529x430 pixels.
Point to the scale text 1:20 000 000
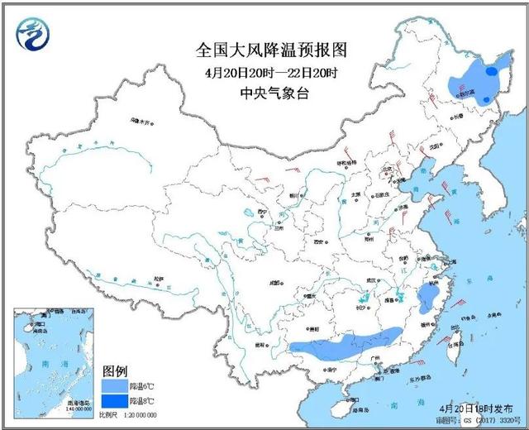[137, 414]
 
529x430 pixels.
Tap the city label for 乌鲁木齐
[141, 122]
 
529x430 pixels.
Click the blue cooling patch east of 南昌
[427, 298]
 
